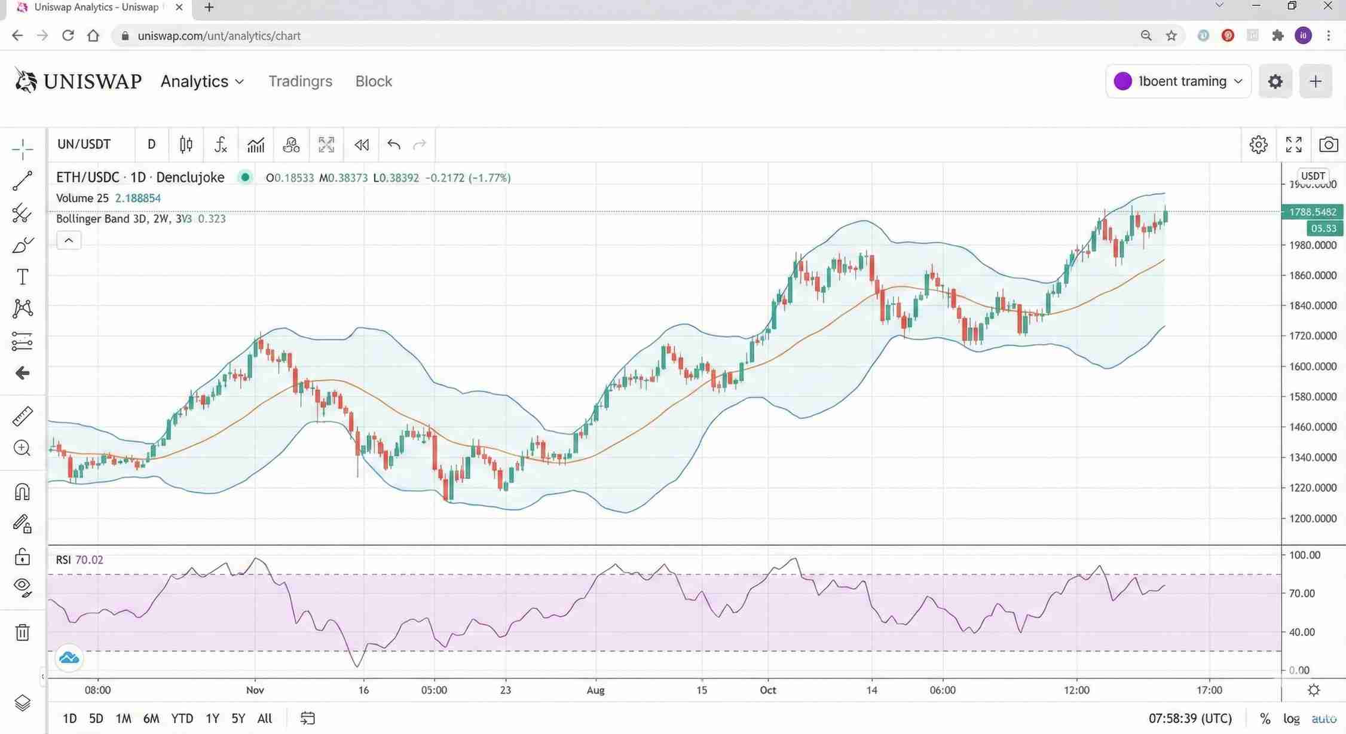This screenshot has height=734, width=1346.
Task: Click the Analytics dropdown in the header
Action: click(x=201, y=81)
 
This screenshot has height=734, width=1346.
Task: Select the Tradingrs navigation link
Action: click(x=300, y=81)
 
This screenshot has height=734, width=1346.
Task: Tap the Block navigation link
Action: click(x=374, y=81)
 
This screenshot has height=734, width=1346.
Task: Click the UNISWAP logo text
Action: click(x=93, y=81)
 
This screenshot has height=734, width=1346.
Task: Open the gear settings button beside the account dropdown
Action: click(x=1275, y=81)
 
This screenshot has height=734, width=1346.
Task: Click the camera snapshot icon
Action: click(x=1328, y=145)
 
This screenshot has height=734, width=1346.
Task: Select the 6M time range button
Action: click(x=151, y=718)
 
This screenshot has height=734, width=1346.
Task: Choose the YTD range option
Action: click(x=182, y=718)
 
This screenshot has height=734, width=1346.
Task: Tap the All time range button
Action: click(x=264, y=718)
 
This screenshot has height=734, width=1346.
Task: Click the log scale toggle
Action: click(x=1291, y=718)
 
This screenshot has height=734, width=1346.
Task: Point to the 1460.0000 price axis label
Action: click(x=1313, y=427)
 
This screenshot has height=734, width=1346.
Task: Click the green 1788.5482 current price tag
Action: click(x=1313, y=212)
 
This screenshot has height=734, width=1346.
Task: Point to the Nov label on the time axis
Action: click(x=255, y=690)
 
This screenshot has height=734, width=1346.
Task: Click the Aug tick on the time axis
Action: click(x=595, y=690)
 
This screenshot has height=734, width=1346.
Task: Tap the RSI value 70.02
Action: click(x=89, y=560)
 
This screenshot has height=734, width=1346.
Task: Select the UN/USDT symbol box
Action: click(x=84, y=145)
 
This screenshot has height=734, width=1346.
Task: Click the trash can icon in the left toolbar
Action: click(x=22, y=632)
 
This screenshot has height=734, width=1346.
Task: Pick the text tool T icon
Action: click(x=22, y=277)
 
